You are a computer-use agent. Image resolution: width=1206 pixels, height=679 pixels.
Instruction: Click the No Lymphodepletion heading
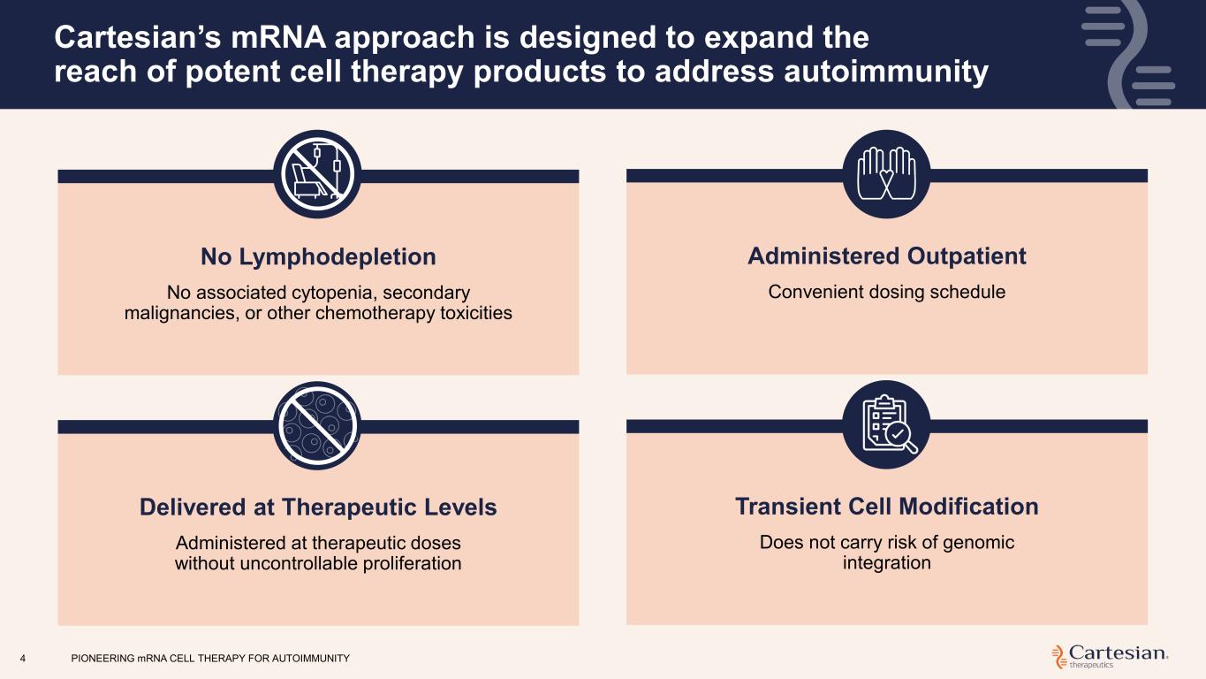pos(318,257)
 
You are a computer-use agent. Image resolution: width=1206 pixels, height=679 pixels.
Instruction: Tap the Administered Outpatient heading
pos(886,256)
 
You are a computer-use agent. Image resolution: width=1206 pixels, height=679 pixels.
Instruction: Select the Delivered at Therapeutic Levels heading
pos(318,507)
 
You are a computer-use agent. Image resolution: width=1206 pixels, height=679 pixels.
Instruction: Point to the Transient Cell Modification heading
pos(886,507)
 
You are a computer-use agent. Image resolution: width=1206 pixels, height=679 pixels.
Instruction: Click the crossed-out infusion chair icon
pos(317,174)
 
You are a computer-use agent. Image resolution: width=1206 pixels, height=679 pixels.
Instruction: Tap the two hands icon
pos(886,174)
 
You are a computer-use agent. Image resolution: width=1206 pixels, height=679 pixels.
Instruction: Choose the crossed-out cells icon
pos(317,425)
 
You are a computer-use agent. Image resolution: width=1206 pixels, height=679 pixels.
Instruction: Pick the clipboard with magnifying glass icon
pos(886,424)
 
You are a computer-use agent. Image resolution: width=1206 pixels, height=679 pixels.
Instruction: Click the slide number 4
pos(23,659)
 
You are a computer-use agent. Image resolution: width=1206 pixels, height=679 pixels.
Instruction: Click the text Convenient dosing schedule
pos(886,292)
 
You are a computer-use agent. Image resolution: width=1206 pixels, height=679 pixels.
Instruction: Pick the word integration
pos(886,563)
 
